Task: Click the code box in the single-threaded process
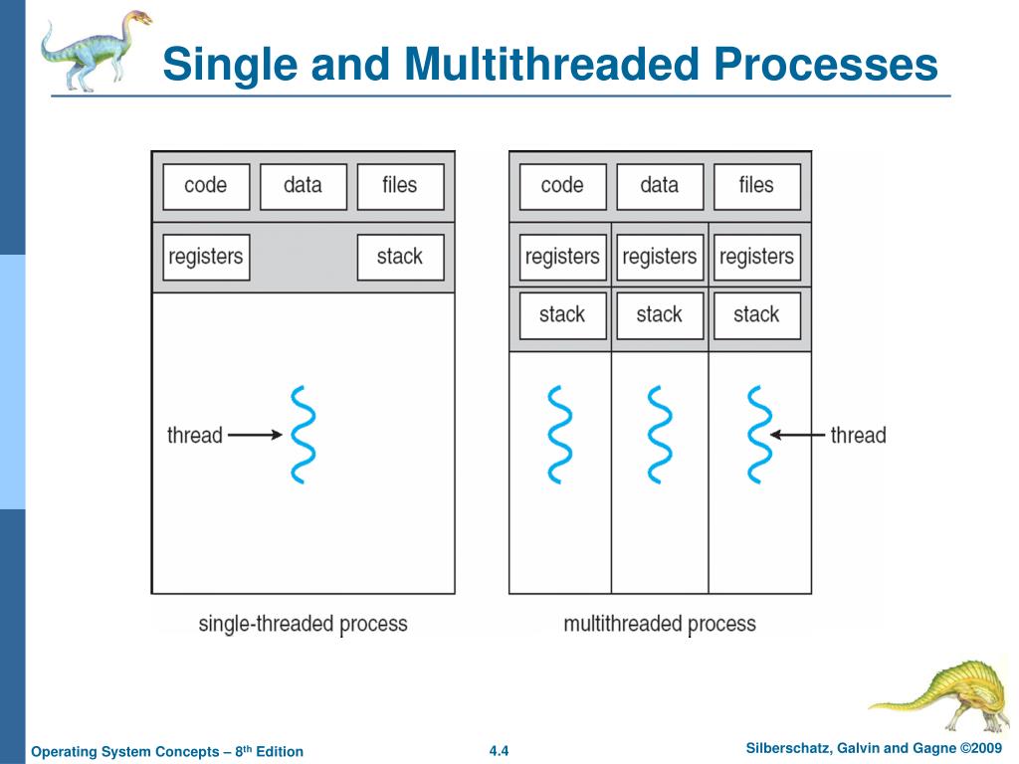pyautogui.click(x=206, y=186)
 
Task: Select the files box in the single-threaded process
pyautogui.click(x=400, y=186)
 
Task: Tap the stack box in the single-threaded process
pyautogui.click(x=400, y=257)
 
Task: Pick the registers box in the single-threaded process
pyautogui.click(x=206, y=257)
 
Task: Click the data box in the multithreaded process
pyautogui.click(x=659, y=186)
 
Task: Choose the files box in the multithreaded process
pyautogui.click(x=756, y=186)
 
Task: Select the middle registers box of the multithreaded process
pyautogui.click(x=659, y=257)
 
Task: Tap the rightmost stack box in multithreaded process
pyautogui.click(x=756, y=314)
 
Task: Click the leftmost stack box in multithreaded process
pyautogui.click(x=562, y=314)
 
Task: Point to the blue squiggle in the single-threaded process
pyautogui.click(x=303, y=435)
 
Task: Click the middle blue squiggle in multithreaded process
pyautogui.click(x=659, y=435)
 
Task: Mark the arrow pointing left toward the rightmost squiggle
pyautogui.click(x=798, y=435)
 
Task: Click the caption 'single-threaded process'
pyautogui.click(x=303, y=624)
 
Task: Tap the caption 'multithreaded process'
pyautogui.click(x=659, y=624)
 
